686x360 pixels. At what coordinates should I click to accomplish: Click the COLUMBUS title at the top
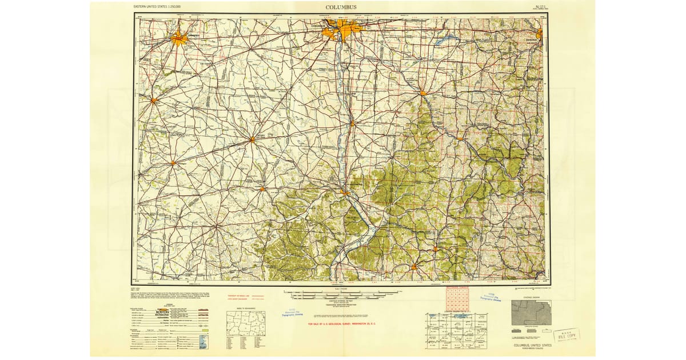tap(341, 7)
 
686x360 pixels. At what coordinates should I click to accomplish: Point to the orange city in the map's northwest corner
tap(178, 39)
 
